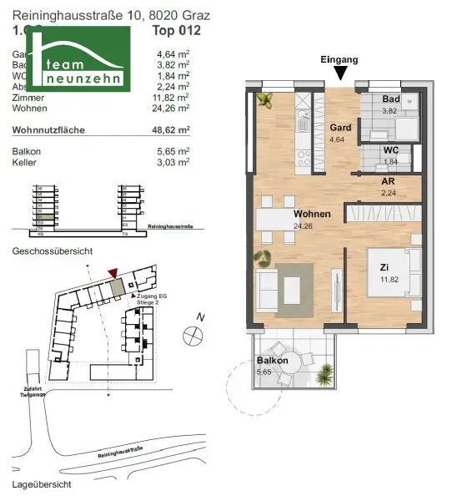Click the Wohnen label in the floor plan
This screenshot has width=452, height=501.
pyautogui.click(x=312, y=214)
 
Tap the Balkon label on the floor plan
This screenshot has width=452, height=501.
pyautogui.click(x=273, y=361)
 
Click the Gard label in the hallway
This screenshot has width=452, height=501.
pyautogui.click(x=339, y=127)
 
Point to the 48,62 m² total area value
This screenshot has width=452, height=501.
pyautogui.click(x=173, y=130)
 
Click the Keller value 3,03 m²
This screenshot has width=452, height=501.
pyautogui.click(x=174, y=164)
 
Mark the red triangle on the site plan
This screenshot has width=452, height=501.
pyautogui.click(x=113, y=271)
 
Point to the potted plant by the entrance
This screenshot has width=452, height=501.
pyautogui.click(x=267, y=101)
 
